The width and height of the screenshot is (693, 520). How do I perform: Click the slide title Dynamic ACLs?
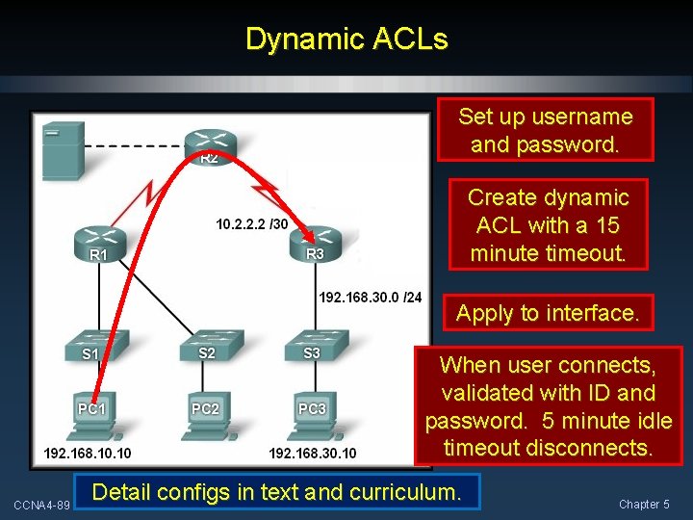(346, 39)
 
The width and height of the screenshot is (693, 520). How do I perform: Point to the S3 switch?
(310, 346)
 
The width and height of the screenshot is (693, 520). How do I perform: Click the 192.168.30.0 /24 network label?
(370, 297)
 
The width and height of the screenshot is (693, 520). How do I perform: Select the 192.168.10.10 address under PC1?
(88, 453)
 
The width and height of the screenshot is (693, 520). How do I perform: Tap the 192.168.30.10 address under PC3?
(312, 453)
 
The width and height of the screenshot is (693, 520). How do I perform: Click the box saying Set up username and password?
(545, 130)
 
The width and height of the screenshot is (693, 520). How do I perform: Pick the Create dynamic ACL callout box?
(547, 225)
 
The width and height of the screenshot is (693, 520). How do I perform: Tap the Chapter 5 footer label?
(644, 504)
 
